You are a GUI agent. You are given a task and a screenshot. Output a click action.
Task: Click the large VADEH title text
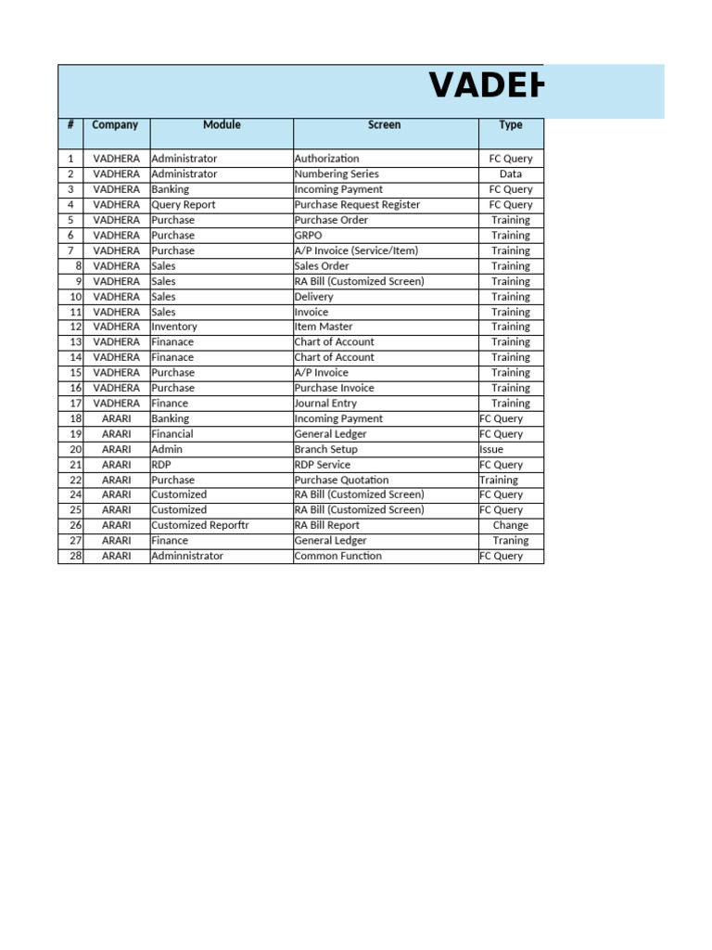487,87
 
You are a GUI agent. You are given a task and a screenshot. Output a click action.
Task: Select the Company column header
116,125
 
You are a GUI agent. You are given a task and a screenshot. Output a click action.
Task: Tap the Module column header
222,125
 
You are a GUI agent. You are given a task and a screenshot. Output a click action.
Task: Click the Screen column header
385,125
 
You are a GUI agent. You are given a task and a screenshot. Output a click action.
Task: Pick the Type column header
511,125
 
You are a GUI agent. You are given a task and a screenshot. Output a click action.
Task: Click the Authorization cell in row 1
327,159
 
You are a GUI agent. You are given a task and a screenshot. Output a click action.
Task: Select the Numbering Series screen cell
337,174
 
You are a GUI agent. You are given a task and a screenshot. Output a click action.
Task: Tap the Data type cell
511,174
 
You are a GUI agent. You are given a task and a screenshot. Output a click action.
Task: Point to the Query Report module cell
184,205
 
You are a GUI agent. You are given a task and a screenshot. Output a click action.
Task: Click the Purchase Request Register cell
357,205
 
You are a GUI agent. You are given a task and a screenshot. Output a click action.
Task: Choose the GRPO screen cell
309,236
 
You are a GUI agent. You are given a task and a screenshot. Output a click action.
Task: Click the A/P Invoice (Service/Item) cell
356,250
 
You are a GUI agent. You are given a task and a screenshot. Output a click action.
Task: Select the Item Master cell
324,327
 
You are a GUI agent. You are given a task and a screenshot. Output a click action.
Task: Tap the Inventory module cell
174,327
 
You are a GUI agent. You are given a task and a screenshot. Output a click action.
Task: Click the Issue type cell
491,449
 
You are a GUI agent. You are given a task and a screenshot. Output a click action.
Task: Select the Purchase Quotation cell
341,480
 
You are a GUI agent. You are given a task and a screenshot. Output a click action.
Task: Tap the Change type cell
511,525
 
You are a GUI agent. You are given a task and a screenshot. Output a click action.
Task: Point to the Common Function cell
338,556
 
